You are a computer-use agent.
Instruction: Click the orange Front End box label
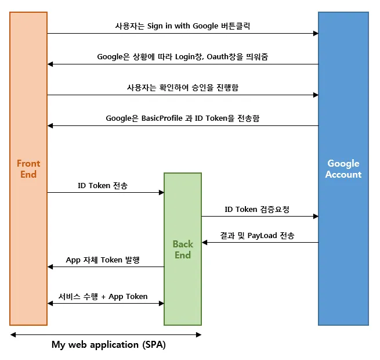pos(28,169)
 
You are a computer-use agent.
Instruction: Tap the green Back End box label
pos(182,250)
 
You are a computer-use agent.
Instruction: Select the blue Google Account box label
pos(343,169)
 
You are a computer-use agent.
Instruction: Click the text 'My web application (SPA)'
pos(108,344)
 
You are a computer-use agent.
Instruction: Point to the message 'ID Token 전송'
pos(103,186)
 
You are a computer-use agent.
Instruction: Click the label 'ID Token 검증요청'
pos(256,209)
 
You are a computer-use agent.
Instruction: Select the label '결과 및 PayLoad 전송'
pos(256,235)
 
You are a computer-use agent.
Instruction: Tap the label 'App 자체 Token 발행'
pos(103,260)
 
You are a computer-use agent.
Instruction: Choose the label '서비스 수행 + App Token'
pos(103,296)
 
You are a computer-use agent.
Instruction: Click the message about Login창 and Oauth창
pos(182,57)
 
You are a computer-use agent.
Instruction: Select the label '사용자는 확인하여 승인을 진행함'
pos(182,87)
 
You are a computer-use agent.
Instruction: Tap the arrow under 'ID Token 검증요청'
pos(260,217)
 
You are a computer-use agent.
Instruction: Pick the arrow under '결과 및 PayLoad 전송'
pos(260,242)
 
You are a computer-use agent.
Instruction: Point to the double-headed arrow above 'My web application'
pos(106,334)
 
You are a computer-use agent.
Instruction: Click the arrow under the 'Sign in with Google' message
pos(182,34)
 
